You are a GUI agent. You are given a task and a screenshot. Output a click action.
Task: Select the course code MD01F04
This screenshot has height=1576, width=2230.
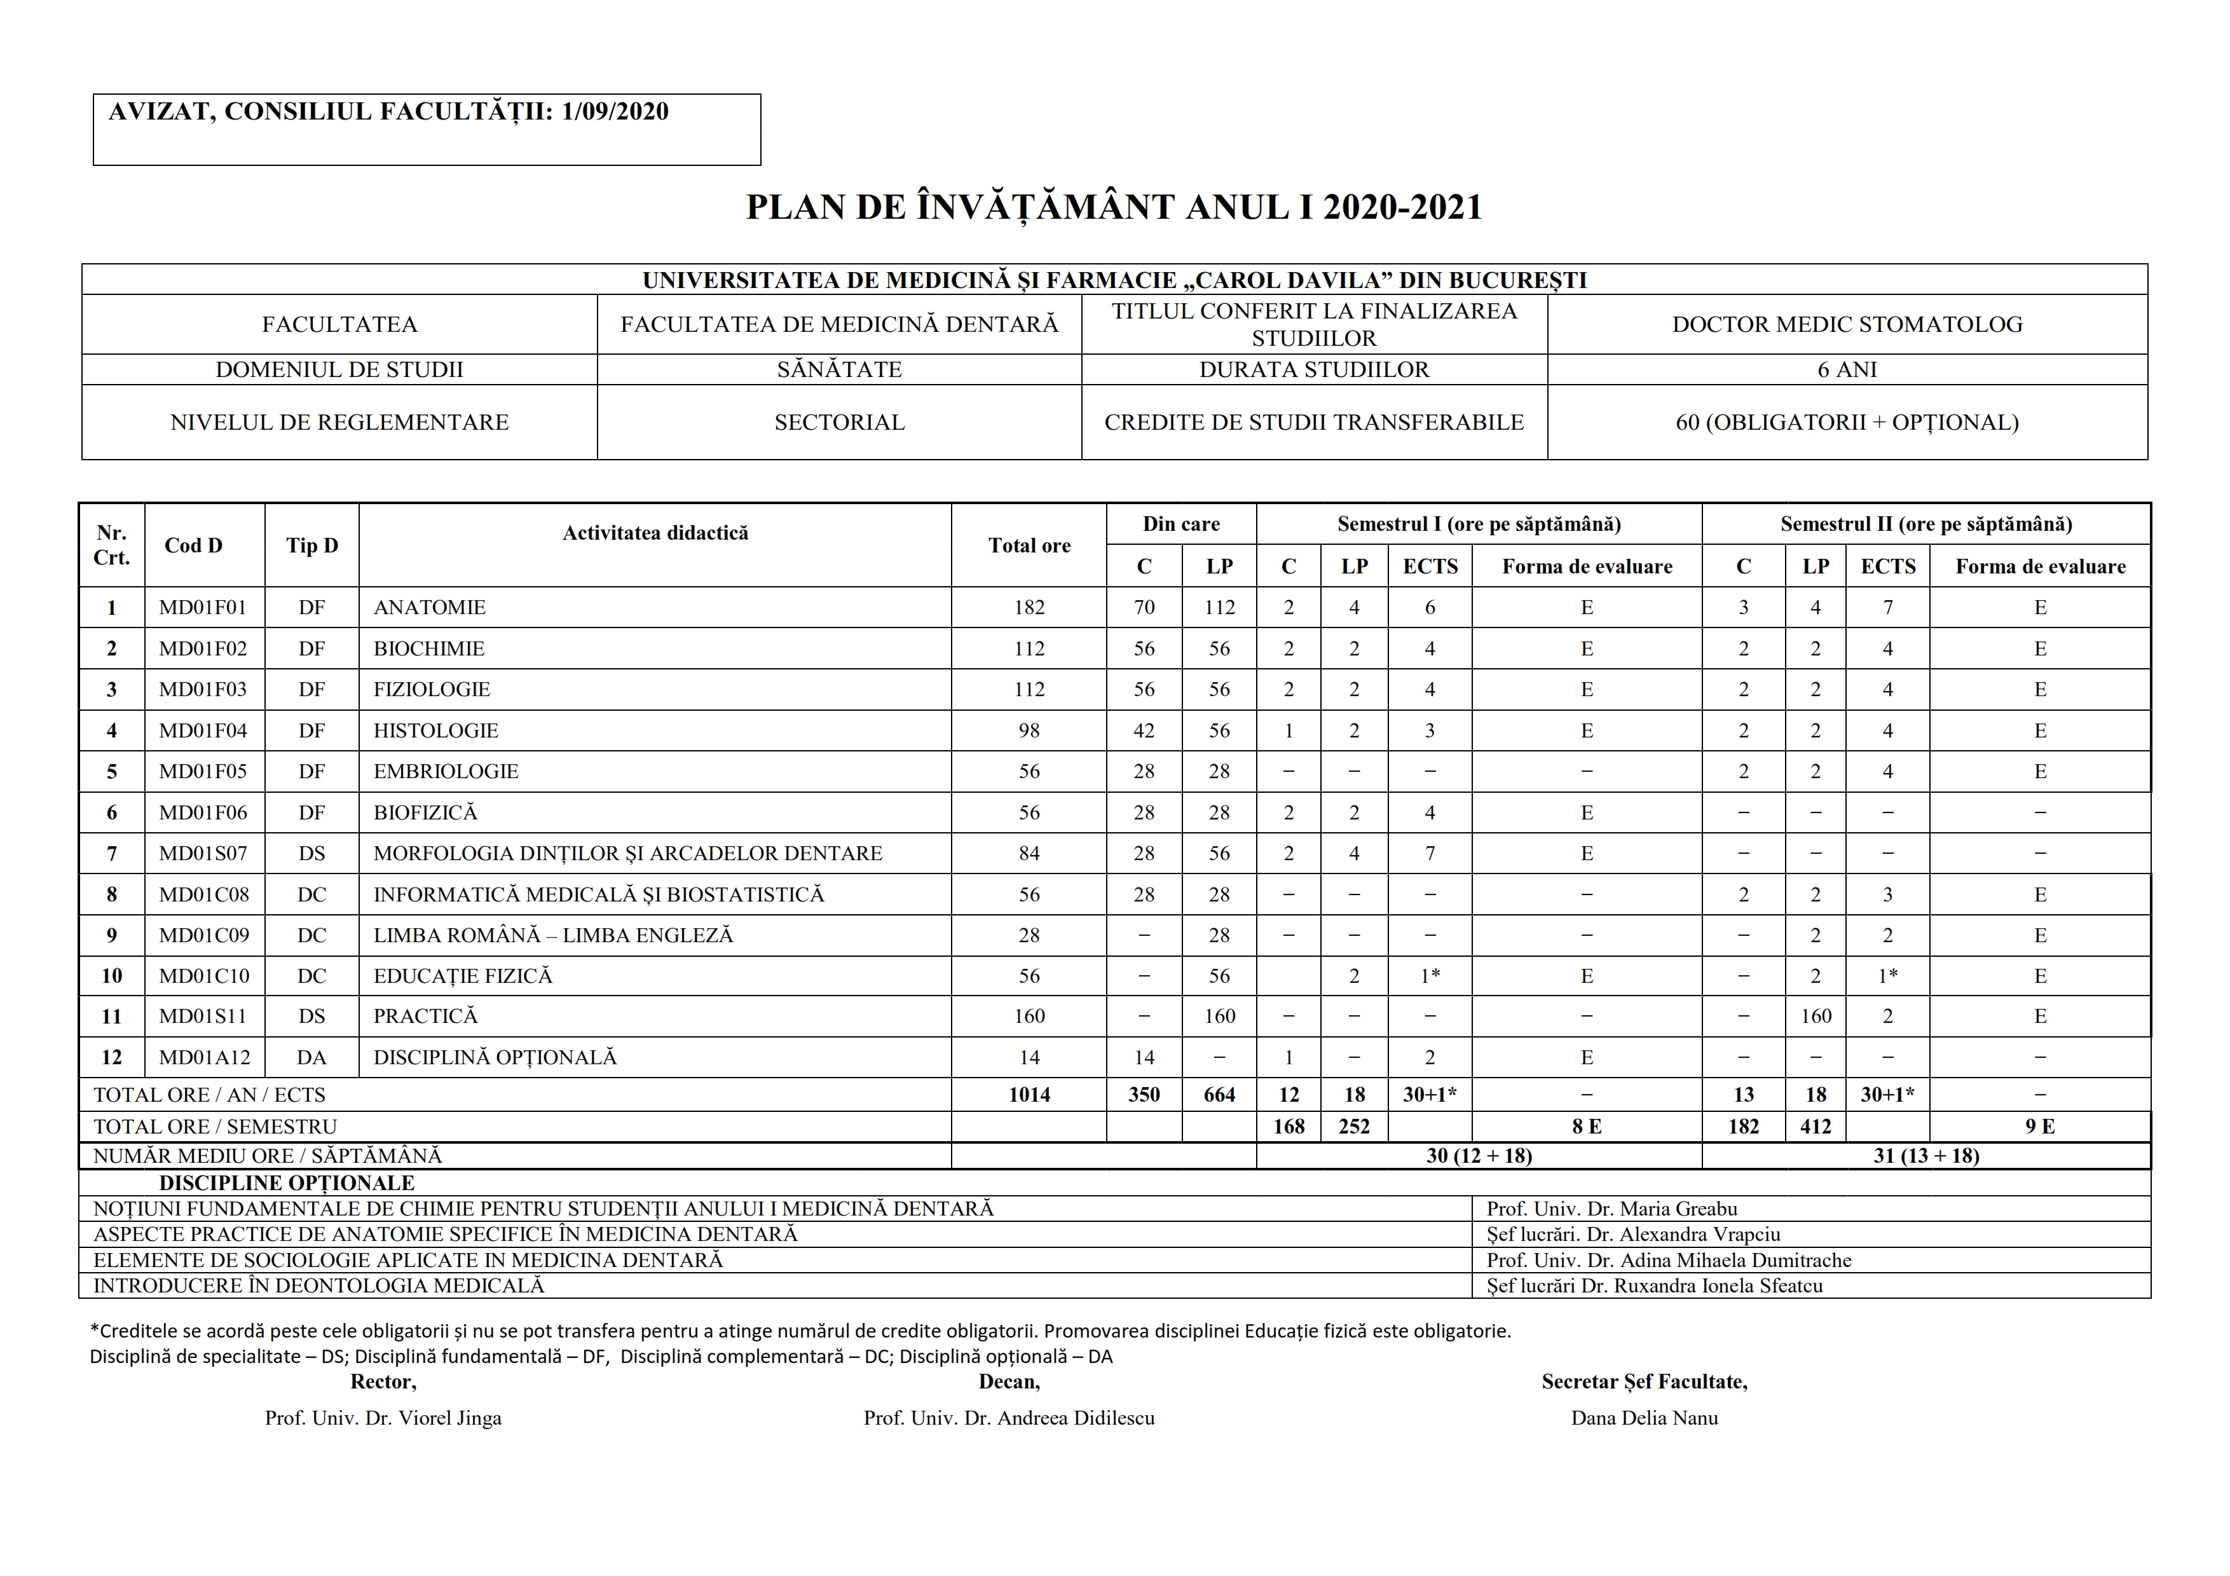point(203,730)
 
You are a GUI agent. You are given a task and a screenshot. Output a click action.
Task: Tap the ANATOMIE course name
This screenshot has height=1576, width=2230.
point(429,608)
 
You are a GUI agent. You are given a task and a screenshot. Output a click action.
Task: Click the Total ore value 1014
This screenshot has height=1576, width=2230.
point(1029,1094)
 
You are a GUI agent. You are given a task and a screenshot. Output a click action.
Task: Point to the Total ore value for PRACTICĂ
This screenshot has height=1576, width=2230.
point(1029,1016)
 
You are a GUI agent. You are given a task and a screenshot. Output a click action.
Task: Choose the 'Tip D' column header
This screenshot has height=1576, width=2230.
point(311,545)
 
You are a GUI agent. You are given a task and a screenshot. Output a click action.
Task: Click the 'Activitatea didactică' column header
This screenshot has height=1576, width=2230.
point(655,532)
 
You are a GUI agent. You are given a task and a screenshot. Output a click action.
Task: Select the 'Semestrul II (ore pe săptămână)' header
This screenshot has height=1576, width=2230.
point(1926,524)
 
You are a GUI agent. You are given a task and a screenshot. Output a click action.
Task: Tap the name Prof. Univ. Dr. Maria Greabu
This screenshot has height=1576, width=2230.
point(1611,1209)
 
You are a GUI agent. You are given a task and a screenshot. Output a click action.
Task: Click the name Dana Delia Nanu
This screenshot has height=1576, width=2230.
point(1645,1418)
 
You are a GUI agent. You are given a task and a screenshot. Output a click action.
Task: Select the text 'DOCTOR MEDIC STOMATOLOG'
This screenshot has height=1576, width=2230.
point(1846,324)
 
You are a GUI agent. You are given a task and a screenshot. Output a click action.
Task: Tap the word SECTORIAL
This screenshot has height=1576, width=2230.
point(839,422)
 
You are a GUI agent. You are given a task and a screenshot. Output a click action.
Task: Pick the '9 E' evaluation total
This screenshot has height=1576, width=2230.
point(2040,1127)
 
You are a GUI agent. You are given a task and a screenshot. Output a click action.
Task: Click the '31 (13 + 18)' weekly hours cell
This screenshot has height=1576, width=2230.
point(1926,1156)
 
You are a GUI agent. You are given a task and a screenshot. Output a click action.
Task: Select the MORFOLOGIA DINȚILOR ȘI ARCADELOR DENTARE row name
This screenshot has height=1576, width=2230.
point(627,854)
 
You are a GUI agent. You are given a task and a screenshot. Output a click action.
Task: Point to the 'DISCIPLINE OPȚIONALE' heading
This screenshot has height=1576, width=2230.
point(287,1182)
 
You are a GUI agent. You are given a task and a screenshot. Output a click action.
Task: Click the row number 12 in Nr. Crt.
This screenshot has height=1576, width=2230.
point(112,1057)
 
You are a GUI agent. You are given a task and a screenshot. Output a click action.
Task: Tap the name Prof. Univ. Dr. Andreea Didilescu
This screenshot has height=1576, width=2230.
point(1009,1418)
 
